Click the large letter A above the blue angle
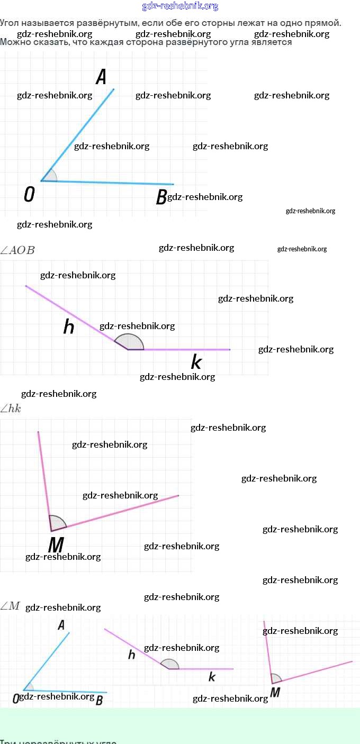pyautogui.click(x=101, y=77)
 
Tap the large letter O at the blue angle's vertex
pyautogui.click(x=30, y=195)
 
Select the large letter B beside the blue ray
pyautogui.click(x=161, y=197)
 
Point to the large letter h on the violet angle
pyautogui.click(x=69, y=327)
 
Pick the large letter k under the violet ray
pyautogui.click(x=196, y=363)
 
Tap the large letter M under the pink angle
pyautogui.click(x=56, y=545)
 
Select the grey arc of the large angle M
pyautogui.click(x=57, y=522)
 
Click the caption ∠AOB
pyautogui.click(x=18, y=250)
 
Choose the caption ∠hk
pyautogui.click(x=11, y=409)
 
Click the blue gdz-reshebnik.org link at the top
pyautogui.click(x=180, y=6)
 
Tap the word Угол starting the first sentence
pyautogui.click(x=10, y=23)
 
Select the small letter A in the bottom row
pyautogui.click(x=61, y=625)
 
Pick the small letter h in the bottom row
pyautogui.click(x=132, y=655)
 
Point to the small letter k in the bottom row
pyautogui.click(x=212, y=676)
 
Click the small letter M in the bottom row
pyautogui.click(x=275, y=693)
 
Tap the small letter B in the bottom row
pyautogui.click(x=99, y=700)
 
